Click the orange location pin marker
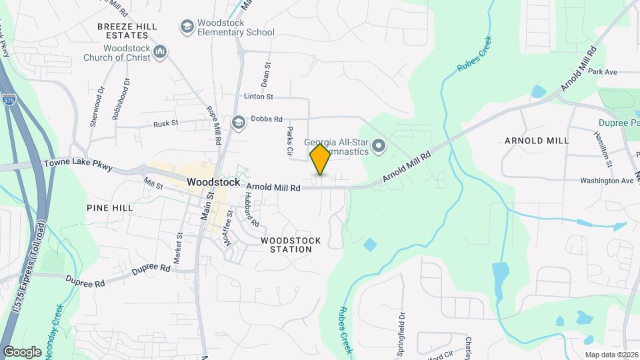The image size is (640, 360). point(321,159)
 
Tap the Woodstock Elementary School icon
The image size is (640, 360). point(187,27)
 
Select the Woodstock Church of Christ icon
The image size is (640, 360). point(160,51)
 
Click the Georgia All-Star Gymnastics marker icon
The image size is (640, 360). point(379,145)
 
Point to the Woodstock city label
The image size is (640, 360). point(213,181)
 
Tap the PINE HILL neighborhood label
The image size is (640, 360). point(110,208)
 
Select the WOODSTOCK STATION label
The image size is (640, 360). point(291,245)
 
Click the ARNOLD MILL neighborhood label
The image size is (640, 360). point(537,141)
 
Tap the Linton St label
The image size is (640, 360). point(259,97)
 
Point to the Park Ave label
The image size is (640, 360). point(603,71)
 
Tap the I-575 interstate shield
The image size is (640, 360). point(9,101)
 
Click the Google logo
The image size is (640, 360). point(22,351)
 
